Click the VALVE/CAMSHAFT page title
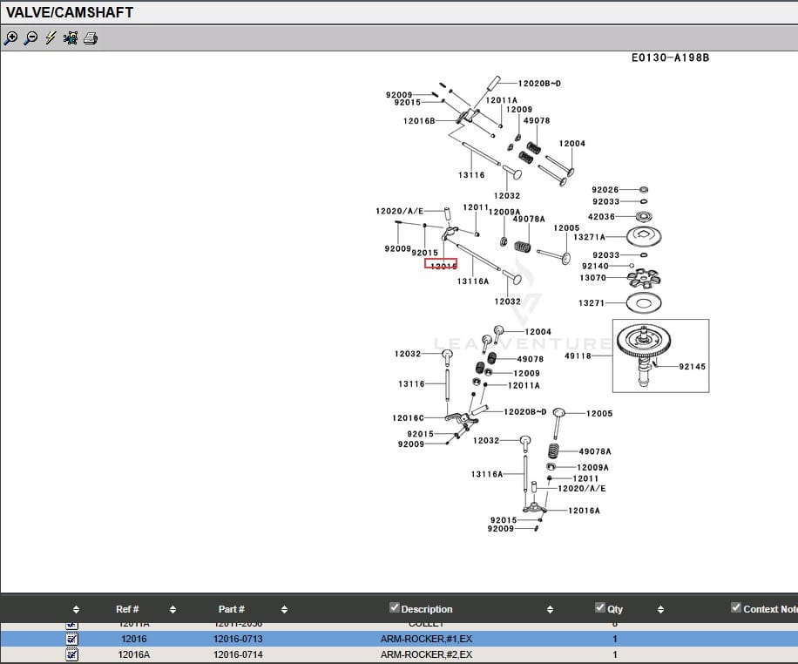pos(71,13)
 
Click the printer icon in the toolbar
pos(91,37)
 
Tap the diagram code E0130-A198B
pos(670,58)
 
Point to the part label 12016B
pos(419,121)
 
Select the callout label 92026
pos(605,190)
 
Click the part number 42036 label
pos(601,217)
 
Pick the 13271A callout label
pos(589,237)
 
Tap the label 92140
pos(595,267)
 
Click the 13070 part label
pos(592,278)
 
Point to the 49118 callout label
pos(578,356)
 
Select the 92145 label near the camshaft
pos(693,367)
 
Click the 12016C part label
pos(408,418)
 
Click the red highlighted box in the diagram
pos(441,264)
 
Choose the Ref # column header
pos(127,609)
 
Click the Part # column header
pos(231,609)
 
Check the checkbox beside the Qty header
pos(599,607)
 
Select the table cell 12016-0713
pos(238,639)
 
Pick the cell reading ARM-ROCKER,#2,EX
pos(426,654)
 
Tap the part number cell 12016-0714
pos(238,654)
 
